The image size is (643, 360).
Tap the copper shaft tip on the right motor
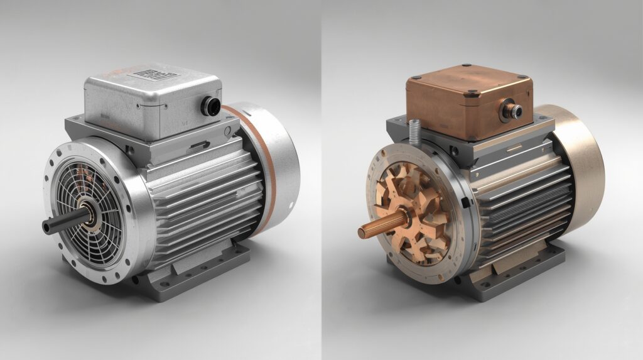coord(362,233)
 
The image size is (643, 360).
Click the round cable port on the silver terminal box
coord(209,106)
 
